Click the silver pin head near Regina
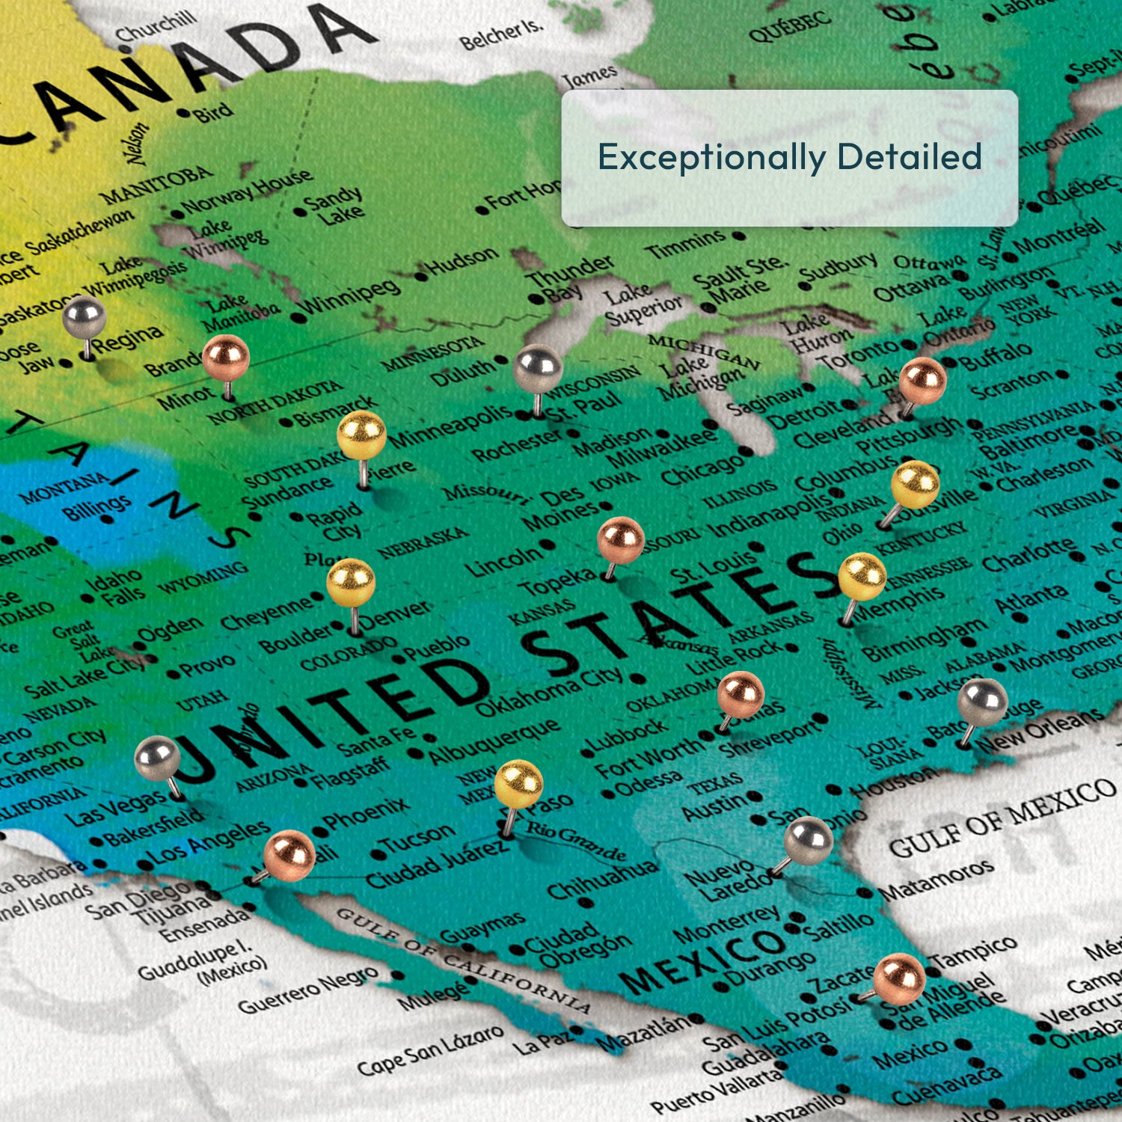coord(83,317)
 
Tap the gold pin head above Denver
coord(351,582)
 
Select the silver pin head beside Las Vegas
coord(157,758)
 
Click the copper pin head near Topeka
coord(621,539)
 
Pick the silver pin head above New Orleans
coord(982,702)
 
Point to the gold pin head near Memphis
coord(862,577)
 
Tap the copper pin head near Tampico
coord(899,978)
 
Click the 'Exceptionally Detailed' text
coord(789,157)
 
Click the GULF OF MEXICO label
coord(1002,819)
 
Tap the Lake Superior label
coord(642,303)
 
